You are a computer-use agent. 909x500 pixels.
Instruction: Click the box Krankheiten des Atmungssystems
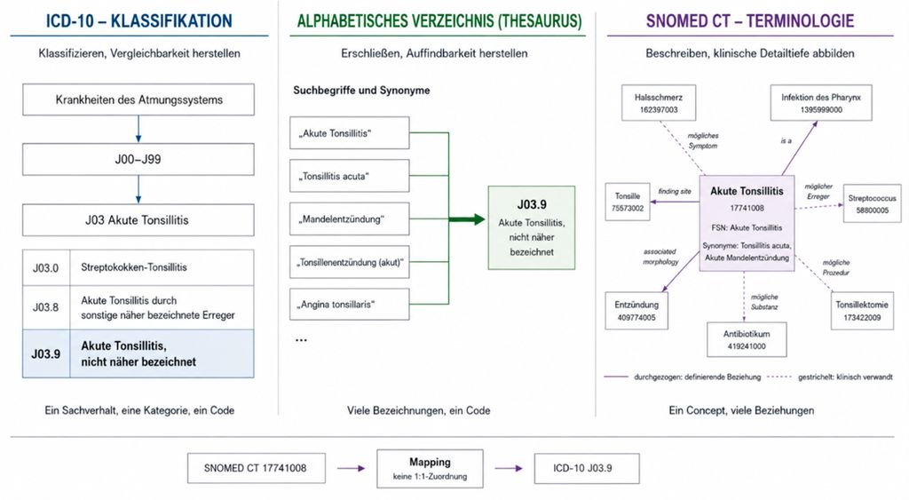pos(138,99)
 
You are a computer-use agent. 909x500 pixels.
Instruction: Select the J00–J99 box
pos(138,160)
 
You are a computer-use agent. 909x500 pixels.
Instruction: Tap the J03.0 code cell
pos(46,267)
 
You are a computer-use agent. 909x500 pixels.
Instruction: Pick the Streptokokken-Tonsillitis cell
pos(162,267)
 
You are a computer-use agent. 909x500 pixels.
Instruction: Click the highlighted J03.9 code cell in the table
pos(46,353)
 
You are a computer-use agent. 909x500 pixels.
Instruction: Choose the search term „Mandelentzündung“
pos(350,218)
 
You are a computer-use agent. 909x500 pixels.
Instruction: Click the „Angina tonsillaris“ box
pos(350,304)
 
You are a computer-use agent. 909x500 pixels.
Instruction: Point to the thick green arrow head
pos(478,219)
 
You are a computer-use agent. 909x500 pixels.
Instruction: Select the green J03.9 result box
pos(532,227)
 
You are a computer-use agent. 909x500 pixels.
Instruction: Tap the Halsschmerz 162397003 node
pos(659,103)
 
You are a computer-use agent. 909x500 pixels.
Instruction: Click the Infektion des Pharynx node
pos(821,103)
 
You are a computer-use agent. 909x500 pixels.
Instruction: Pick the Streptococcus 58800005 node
pos(872,203)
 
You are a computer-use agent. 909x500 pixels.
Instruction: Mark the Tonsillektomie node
pos(862,311)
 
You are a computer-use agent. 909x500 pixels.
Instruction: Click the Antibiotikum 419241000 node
pos(747,340)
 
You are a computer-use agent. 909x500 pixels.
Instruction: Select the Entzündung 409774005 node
pos(636,311)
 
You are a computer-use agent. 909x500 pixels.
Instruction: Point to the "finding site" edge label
pos(675,192)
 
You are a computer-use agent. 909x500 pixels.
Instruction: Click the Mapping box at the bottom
pos(430,468)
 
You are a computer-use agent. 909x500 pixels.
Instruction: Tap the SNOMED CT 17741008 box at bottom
pos(256,468)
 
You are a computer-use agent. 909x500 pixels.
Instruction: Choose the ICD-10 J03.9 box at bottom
pos(587,468)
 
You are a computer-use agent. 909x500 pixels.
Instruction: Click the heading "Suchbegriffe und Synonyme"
pos(361,91)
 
